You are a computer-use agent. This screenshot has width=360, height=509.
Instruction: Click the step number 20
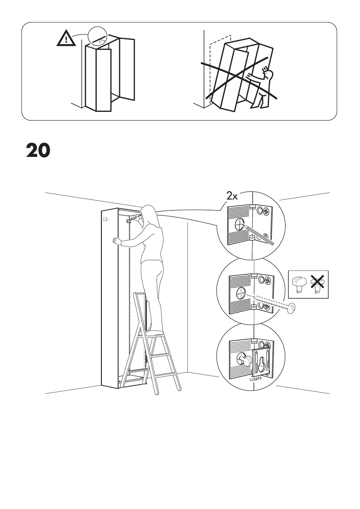point(38,151)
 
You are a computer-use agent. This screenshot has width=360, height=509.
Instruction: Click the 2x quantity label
point(232,196)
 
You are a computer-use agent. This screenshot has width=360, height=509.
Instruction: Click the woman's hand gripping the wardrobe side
point(116,241)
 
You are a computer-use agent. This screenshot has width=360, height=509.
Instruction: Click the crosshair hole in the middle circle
point(242,293)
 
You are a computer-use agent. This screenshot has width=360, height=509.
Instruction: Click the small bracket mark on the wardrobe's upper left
point(105,219)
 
